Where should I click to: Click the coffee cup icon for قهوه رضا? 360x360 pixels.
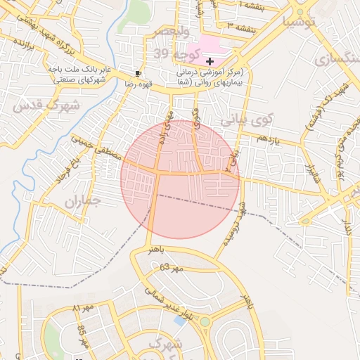click(x=138, y=72)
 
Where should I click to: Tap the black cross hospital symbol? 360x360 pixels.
click(x=210, y=62)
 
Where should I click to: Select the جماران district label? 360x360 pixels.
click(x=84, y=202)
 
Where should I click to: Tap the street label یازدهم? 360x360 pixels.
click(x=268, y=139)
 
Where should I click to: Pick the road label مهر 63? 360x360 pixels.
click(x=170, y=268)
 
